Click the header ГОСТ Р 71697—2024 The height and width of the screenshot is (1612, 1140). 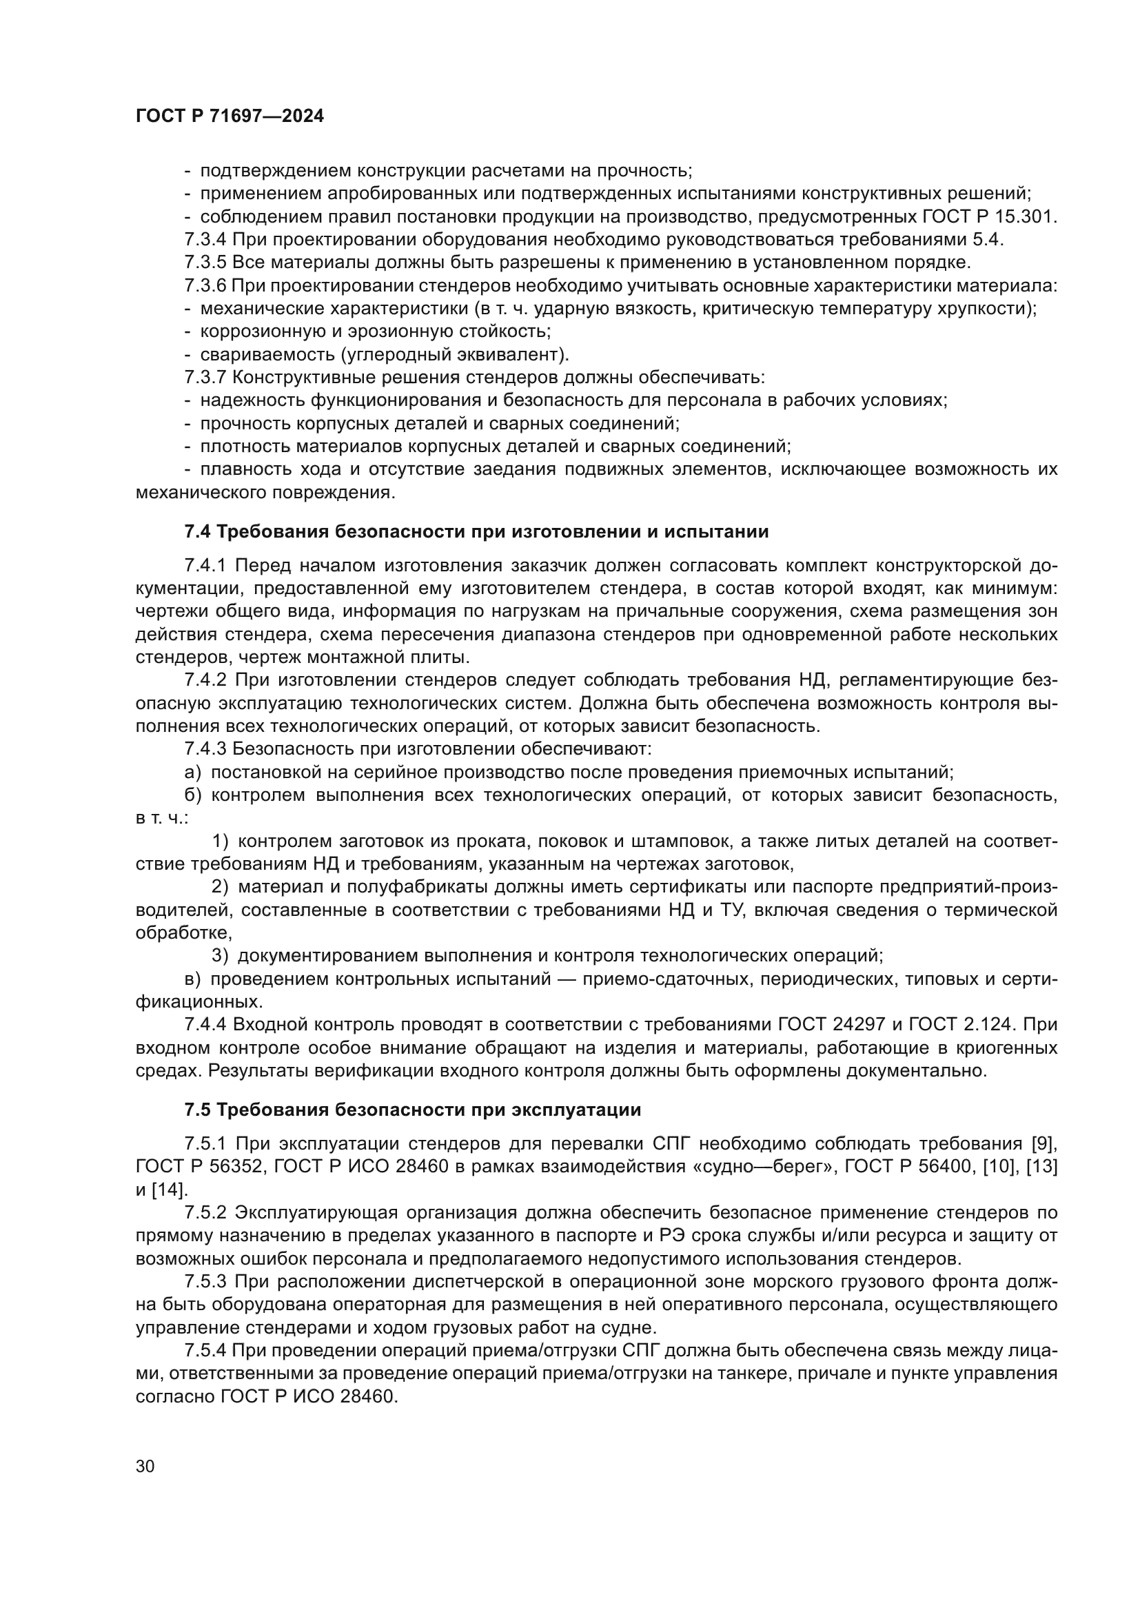pyautogui.click(x=230, y=116)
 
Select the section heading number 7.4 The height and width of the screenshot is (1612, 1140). pyautogui.click(x=197, y=531)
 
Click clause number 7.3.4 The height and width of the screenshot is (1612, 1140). pyautogui.click(x=205, y=239)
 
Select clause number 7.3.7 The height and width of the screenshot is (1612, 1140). pyautogui.click(x=205, y=377)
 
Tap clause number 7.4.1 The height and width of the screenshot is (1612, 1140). pyautogui.click(x=205, y=566)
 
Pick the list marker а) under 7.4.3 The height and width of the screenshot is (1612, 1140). pyautogui.click(x=193, y=773)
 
